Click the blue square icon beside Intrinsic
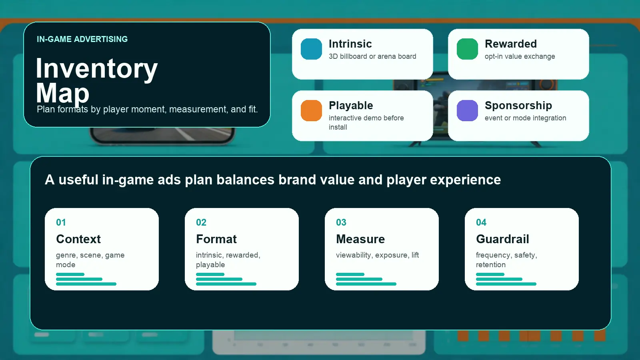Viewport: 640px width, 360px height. [x=311, y=49]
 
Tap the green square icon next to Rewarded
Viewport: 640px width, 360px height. [x=467, y=49]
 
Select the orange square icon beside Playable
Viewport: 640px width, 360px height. [x=311, y=110]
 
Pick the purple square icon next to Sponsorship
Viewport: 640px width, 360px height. [x=467, y=110]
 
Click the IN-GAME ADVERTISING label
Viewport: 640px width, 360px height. [x=82, y=39]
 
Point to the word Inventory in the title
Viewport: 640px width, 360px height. [x=96, y=68]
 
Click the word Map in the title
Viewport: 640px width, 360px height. [x=62, y=93]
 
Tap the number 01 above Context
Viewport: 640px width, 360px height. [x=61, y=222]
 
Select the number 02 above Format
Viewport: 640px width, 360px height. [x=201, y=222]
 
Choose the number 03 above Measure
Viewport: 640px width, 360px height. [x=341, y=222]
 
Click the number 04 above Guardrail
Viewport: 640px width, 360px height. [x=481, y=222]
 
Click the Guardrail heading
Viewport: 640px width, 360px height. [x=502, y=239]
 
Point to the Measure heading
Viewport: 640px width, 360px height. [x=360, y=239]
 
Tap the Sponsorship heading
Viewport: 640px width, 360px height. [x=518, y=106]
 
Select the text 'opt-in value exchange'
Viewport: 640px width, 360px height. [x=520, y=56]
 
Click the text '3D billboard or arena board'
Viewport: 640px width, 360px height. [x=372, y=56]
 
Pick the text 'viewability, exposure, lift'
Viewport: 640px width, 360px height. [x=377, y=255]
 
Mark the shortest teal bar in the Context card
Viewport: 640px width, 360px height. [x=70, y=274]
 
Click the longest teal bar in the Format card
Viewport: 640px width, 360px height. [x=226, y=284]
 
